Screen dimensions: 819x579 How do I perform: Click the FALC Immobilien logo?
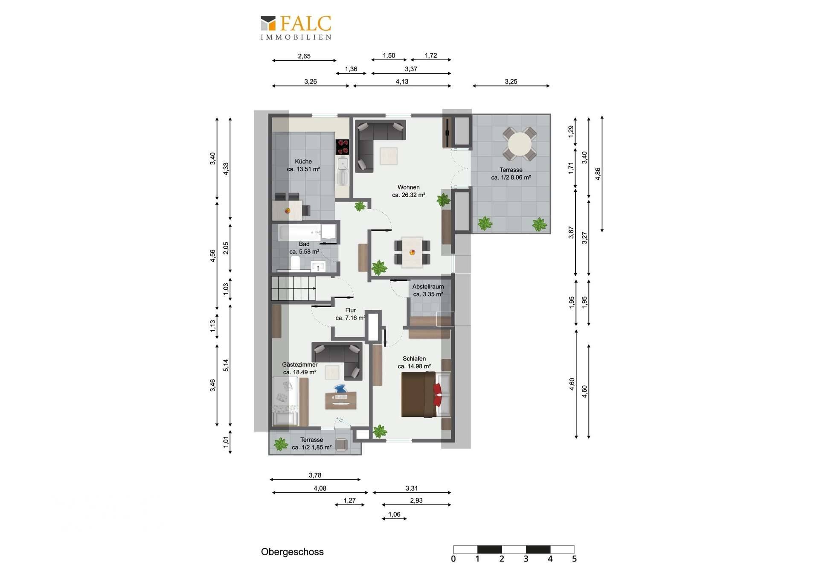(x=296, y=28)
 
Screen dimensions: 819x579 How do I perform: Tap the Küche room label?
(x=303, y=162)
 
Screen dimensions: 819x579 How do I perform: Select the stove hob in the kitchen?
(x=342, y=147)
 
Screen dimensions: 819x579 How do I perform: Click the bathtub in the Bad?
(x=307, y=233)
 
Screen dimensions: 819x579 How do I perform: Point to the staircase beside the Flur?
(x=293, y=288)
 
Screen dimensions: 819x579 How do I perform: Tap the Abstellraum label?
(x=428, y=287)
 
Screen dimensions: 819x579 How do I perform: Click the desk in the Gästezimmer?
(x=341, y=401)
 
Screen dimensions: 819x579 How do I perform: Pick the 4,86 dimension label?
(x=598, y=174)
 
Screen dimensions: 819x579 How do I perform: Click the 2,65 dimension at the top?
(x=304, y=56)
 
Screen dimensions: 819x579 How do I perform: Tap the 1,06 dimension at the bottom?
(x=394, y=514)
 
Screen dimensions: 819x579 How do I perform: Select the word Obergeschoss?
(x=292, y=552)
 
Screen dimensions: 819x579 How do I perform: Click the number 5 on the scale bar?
(x=574, y=559)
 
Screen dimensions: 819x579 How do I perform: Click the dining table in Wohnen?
(x=412, y=252)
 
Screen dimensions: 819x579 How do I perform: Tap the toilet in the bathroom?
(x=295, y=263)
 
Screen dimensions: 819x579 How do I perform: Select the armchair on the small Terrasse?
(x=341, y=445)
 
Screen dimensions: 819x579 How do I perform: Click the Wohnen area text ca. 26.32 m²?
(x=409, y=195)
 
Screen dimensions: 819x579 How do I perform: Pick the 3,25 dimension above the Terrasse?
(x=511, y=81)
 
